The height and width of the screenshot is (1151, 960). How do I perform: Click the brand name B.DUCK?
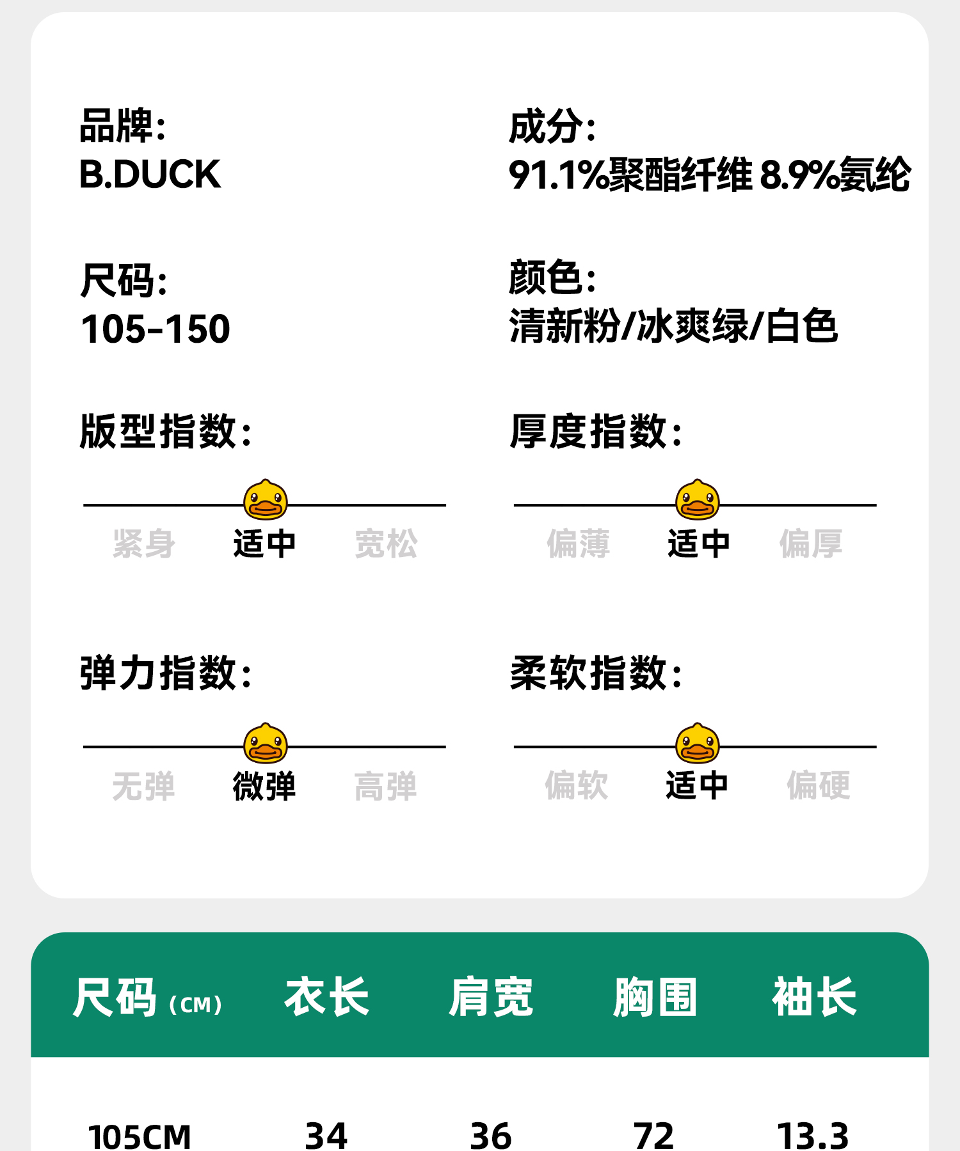[x=150, y=175]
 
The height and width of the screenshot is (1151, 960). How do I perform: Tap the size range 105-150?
[x=156, y=329]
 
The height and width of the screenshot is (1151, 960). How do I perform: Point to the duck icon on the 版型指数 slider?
[x=266, y=500]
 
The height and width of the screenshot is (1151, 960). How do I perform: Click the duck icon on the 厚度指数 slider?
[x=698, y=500]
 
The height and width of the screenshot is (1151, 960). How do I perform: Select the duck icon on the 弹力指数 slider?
[x=266, y=744]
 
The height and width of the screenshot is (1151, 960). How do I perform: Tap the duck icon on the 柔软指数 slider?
[x=698, y=744]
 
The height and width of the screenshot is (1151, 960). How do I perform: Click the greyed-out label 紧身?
[x=144, y=544]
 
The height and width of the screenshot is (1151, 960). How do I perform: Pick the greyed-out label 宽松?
[x=386, y=544]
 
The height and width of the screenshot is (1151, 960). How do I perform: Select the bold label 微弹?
[x=264, y=786]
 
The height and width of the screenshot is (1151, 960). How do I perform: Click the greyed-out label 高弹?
[x=386, y=786]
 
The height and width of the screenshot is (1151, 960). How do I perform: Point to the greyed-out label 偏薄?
[x=578, y=544]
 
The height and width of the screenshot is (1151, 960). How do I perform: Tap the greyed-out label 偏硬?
[x=819, y=785]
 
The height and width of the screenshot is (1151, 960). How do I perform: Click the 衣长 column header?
[x=327, y=997]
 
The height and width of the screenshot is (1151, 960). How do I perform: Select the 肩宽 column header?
[x=491, y=997]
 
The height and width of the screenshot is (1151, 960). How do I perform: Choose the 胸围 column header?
[x=655, y=997]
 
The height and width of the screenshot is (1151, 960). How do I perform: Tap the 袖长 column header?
[x=814, y=997]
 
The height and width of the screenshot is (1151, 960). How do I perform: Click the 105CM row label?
[x=140, y=1136]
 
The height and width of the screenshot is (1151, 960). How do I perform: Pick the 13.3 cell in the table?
[x=813, y=1136]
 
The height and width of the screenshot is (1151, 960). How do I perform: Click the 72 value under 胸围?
[x=653, y=1136]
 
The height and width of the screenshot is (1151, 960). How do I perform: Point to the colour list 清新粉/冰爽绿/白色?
[x=673, y=326]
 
